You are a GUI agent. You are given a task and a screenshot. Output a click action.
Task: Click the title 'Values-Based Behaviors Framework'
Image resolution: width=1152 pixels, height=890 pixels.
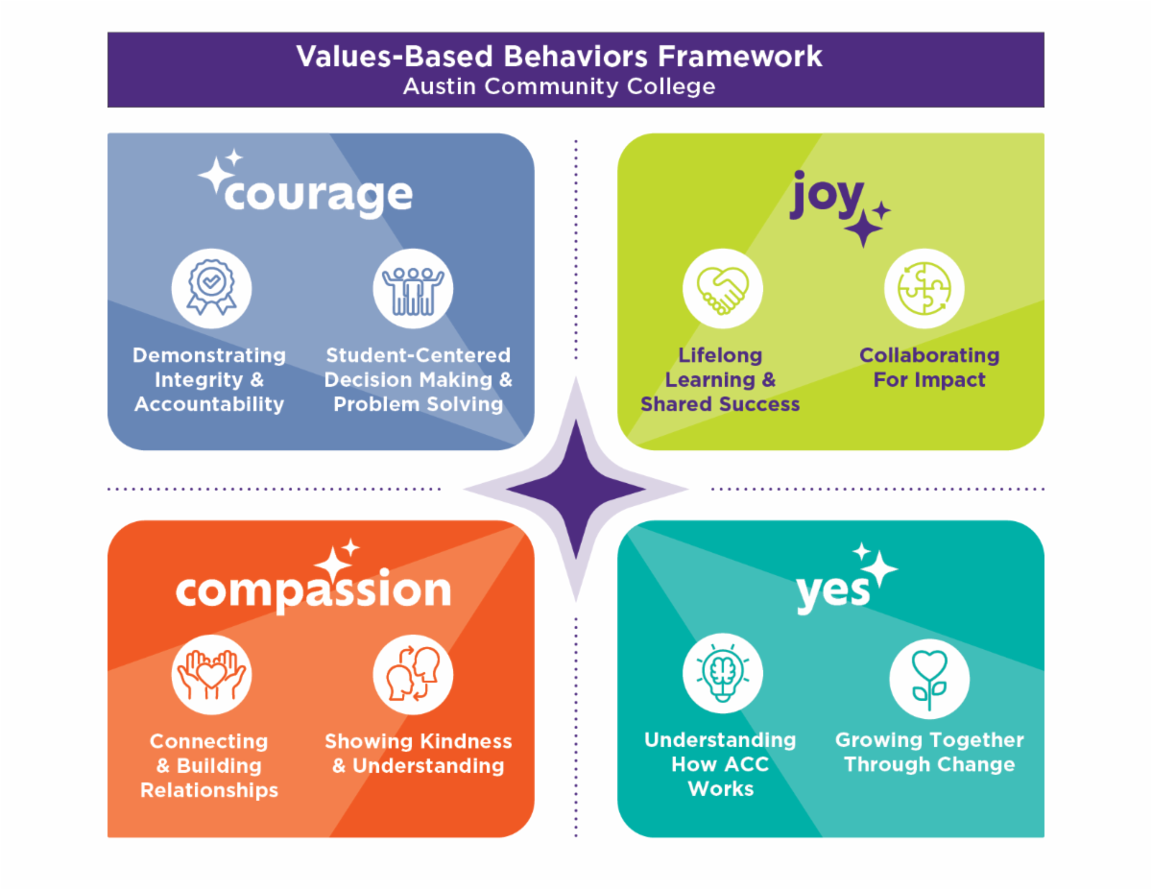tap(559, 57)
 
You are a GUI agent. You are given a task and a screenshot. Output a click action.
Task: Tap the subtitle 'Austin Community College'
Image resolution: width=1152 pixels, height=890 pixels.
tap(559, 86)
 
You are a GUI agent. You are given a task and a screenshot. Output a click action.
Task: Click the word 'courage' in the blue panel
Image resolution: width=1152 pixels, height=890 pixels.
tap(318, 196)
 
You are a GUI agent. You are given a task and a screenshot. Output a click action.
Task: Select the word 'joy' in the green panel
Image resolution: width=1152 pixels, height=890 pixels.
tap(827, 194)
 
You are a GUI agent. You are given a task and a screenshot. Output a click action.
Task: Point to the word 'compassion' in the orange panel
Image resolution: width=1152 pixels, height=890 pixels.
tap(313, 591)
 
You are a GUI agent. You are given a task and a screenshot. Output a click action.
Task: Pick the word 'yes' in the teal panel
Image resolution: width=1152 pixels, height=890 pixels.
tap(833, 593)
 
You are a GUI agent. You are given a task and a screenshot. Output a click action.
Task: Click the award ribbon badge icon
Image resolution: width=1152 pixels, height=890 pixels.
tap(211, 288)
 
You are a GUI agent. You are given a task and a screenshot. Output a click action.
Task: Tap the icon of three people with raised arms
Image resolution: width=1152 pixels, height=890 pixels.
tap(413, 288)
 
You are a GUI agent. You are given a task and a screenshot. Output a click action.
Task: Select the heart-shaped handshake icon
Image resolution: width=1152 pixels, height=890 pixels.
tap(722, 288)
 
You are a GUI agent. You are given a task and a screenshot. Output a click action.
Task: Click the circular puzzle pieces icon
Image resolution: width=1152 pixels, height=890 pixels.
tap(924, 288)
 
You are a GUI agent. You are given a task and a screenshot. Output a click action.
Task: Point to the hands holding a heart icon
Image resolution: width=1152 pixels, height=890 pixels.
tap(211, 674)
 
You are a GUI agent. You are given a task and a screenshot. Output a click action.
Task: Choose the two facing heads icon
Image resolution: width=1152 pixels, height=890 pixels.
tap(413, 674)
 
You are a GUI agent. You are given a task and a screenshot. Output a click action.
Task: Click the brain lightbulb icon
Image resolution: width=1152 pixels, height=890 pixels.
tap(722, 673)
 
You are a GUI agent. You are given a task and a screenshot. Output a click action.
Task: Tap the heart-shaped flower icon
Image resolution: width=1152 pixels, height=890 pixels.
tap(929, 679)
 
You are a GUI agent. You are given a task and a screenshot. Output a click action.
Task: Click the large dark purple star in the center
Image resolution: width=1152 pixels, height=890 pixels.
tap(576, 490)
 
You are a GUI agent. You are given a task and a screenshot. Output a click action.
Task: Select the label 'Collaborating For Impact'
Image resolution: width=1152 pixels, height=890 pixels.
tap(929, 368)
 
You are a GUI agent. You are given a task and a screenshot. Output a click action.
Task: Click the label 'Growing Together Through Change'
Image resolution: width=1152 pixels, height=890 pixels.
tap(929, 752)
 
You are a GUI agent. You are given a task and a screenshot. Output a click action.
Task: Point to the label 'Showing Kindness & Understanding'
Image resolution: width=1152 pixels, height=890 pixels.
tap(419, 754)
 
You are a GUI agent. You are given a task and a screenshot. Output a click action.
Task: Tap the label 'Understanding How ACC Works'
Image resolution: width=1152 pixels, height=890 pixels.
tap(720, 764)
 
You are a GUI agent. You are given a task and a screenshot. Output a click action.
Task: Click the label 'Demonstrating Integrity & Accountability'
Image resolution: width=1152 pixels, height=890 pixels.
tap(209, 379)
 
